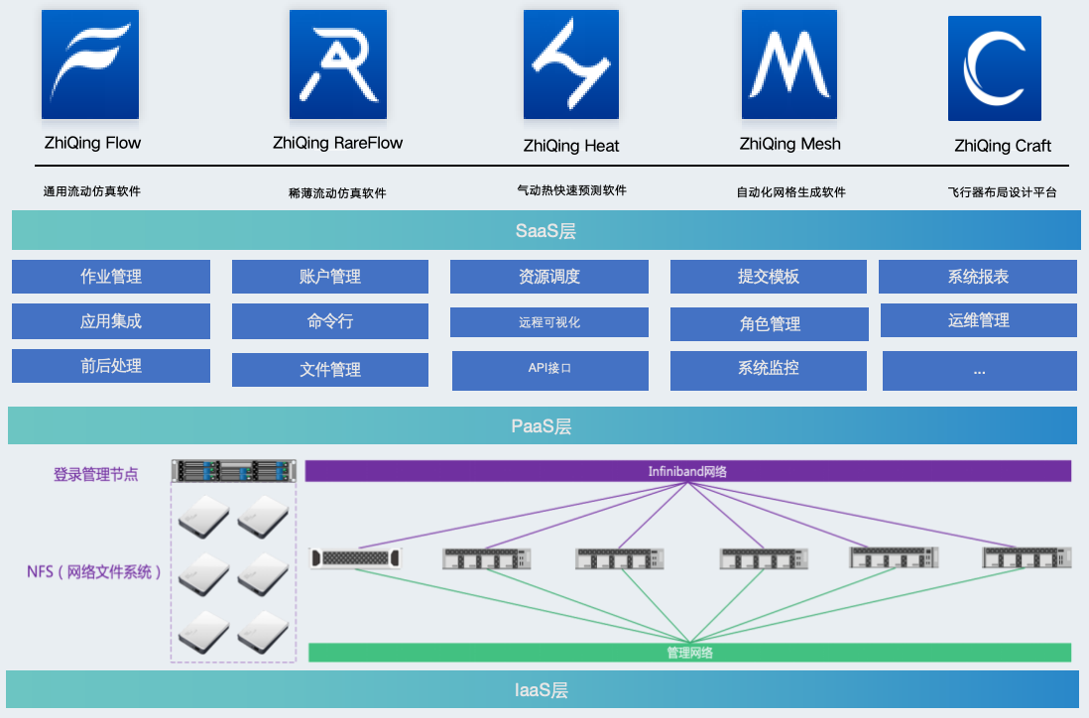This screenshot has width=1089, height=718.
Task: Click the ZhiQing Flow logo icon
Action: pyautogui.click(x=90, y=64)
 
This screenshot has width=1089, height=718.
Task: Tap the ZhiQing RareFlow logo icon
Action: pyautogui.click(x=338, y=64)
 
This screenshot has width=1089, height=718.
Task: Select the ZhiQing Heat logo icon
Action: pyautogui.click(x=571, y=64)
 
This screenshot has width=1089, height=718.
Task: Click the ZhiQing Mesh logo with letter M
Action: pyautogui.click(x=789, y=64)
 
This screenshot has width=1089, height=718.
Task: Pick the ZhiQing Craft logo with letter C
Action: pyautogui.click(x=995, y=68)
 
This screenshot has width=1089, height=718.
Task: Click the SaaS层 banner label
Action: pyautogui.click(x=545, y=231)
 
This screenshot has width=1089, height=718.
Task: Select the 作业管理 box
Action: pyautogui.click(x=111, y=277)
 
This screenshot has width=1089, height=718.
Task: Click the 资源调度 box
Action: pyautogui.click(x=549, y=277)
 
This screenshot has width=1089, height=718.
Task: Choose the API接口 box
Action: pyautogui.click(x=549, y=369)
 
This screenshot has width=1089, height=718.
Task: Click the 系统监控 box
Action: pyautogui.click(x=769, y=369)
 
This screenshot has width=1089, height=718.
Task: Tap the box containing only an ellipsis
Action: pyautogui.click(x=979, y=370)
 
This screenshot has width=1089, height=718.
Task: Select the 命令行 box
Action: pyautogui.click(x=330, y=321)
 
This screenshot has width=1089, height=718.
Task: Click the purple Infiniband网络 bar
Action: pyautogui.click(x=687, y=471)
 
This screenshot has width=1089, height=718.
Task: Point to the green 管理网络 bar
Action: pyautogui.click(x=689, y=653)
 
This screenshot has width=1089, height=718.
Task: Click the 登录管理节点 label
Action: pyautogui.click(x=96, y=474)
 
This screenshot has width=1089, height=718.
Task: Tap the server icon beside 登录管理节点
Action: pyautogui.click(x=234, y=470)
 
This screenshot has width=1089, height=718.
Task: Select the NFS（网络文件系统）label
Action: pyautogui.click(x=95, y=571)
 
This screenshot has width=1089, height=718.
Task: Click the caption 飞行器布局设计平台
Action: pyautogui.click(x=1002, y=192)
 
